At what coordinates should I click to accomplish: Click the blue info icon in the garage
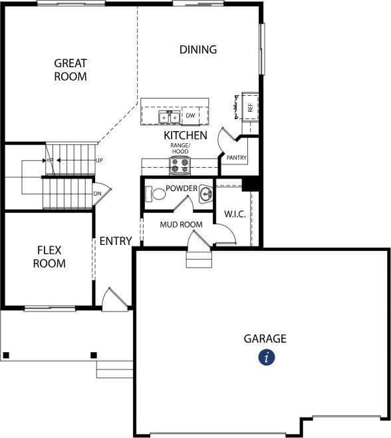[x=267, y=357]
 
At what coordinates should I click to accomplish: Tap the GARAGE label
[x=265, y=339]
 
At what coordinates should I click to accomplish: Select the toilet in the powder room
[x=156, y=194]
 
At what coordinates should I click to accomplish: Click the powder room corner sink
[x=206, y=193]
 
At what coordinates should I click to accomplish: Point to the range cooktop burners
[x=180, y=165]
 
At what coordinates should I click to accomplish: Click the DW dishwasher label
[x=190, y=115]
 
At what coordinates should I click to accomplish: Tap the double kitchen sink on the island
[x=169, y=117]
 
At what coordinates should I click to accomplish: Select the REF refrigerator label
[x=250, y=108]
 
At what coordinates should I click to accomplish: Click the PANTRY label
[x=237, y=158]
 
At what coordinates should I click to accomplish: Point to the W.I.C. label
[x=235, y=214]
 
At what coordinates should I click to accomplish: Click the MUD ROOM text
[x=181, y=224]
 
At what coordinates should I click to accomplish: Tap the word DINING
[x=198, y=50]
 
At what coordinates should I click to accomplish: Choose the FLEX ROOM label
[x=49, y=257]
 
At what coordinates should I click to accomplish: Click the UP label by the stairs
[x=99, y=160]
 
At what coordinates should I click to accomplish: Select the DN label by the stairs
[x=97, y=194]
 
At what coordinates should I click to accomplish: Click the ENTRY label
[x=116, y=241]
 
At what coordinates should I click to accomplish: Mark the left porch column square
[x=6, y=355]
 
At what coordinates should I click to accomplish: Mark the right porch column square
[x=94, y=355]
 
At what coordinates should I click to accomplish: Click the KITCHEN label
[x=186, y=136]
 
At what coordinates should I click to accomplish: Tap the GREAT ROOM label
[x=70, y=70]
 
